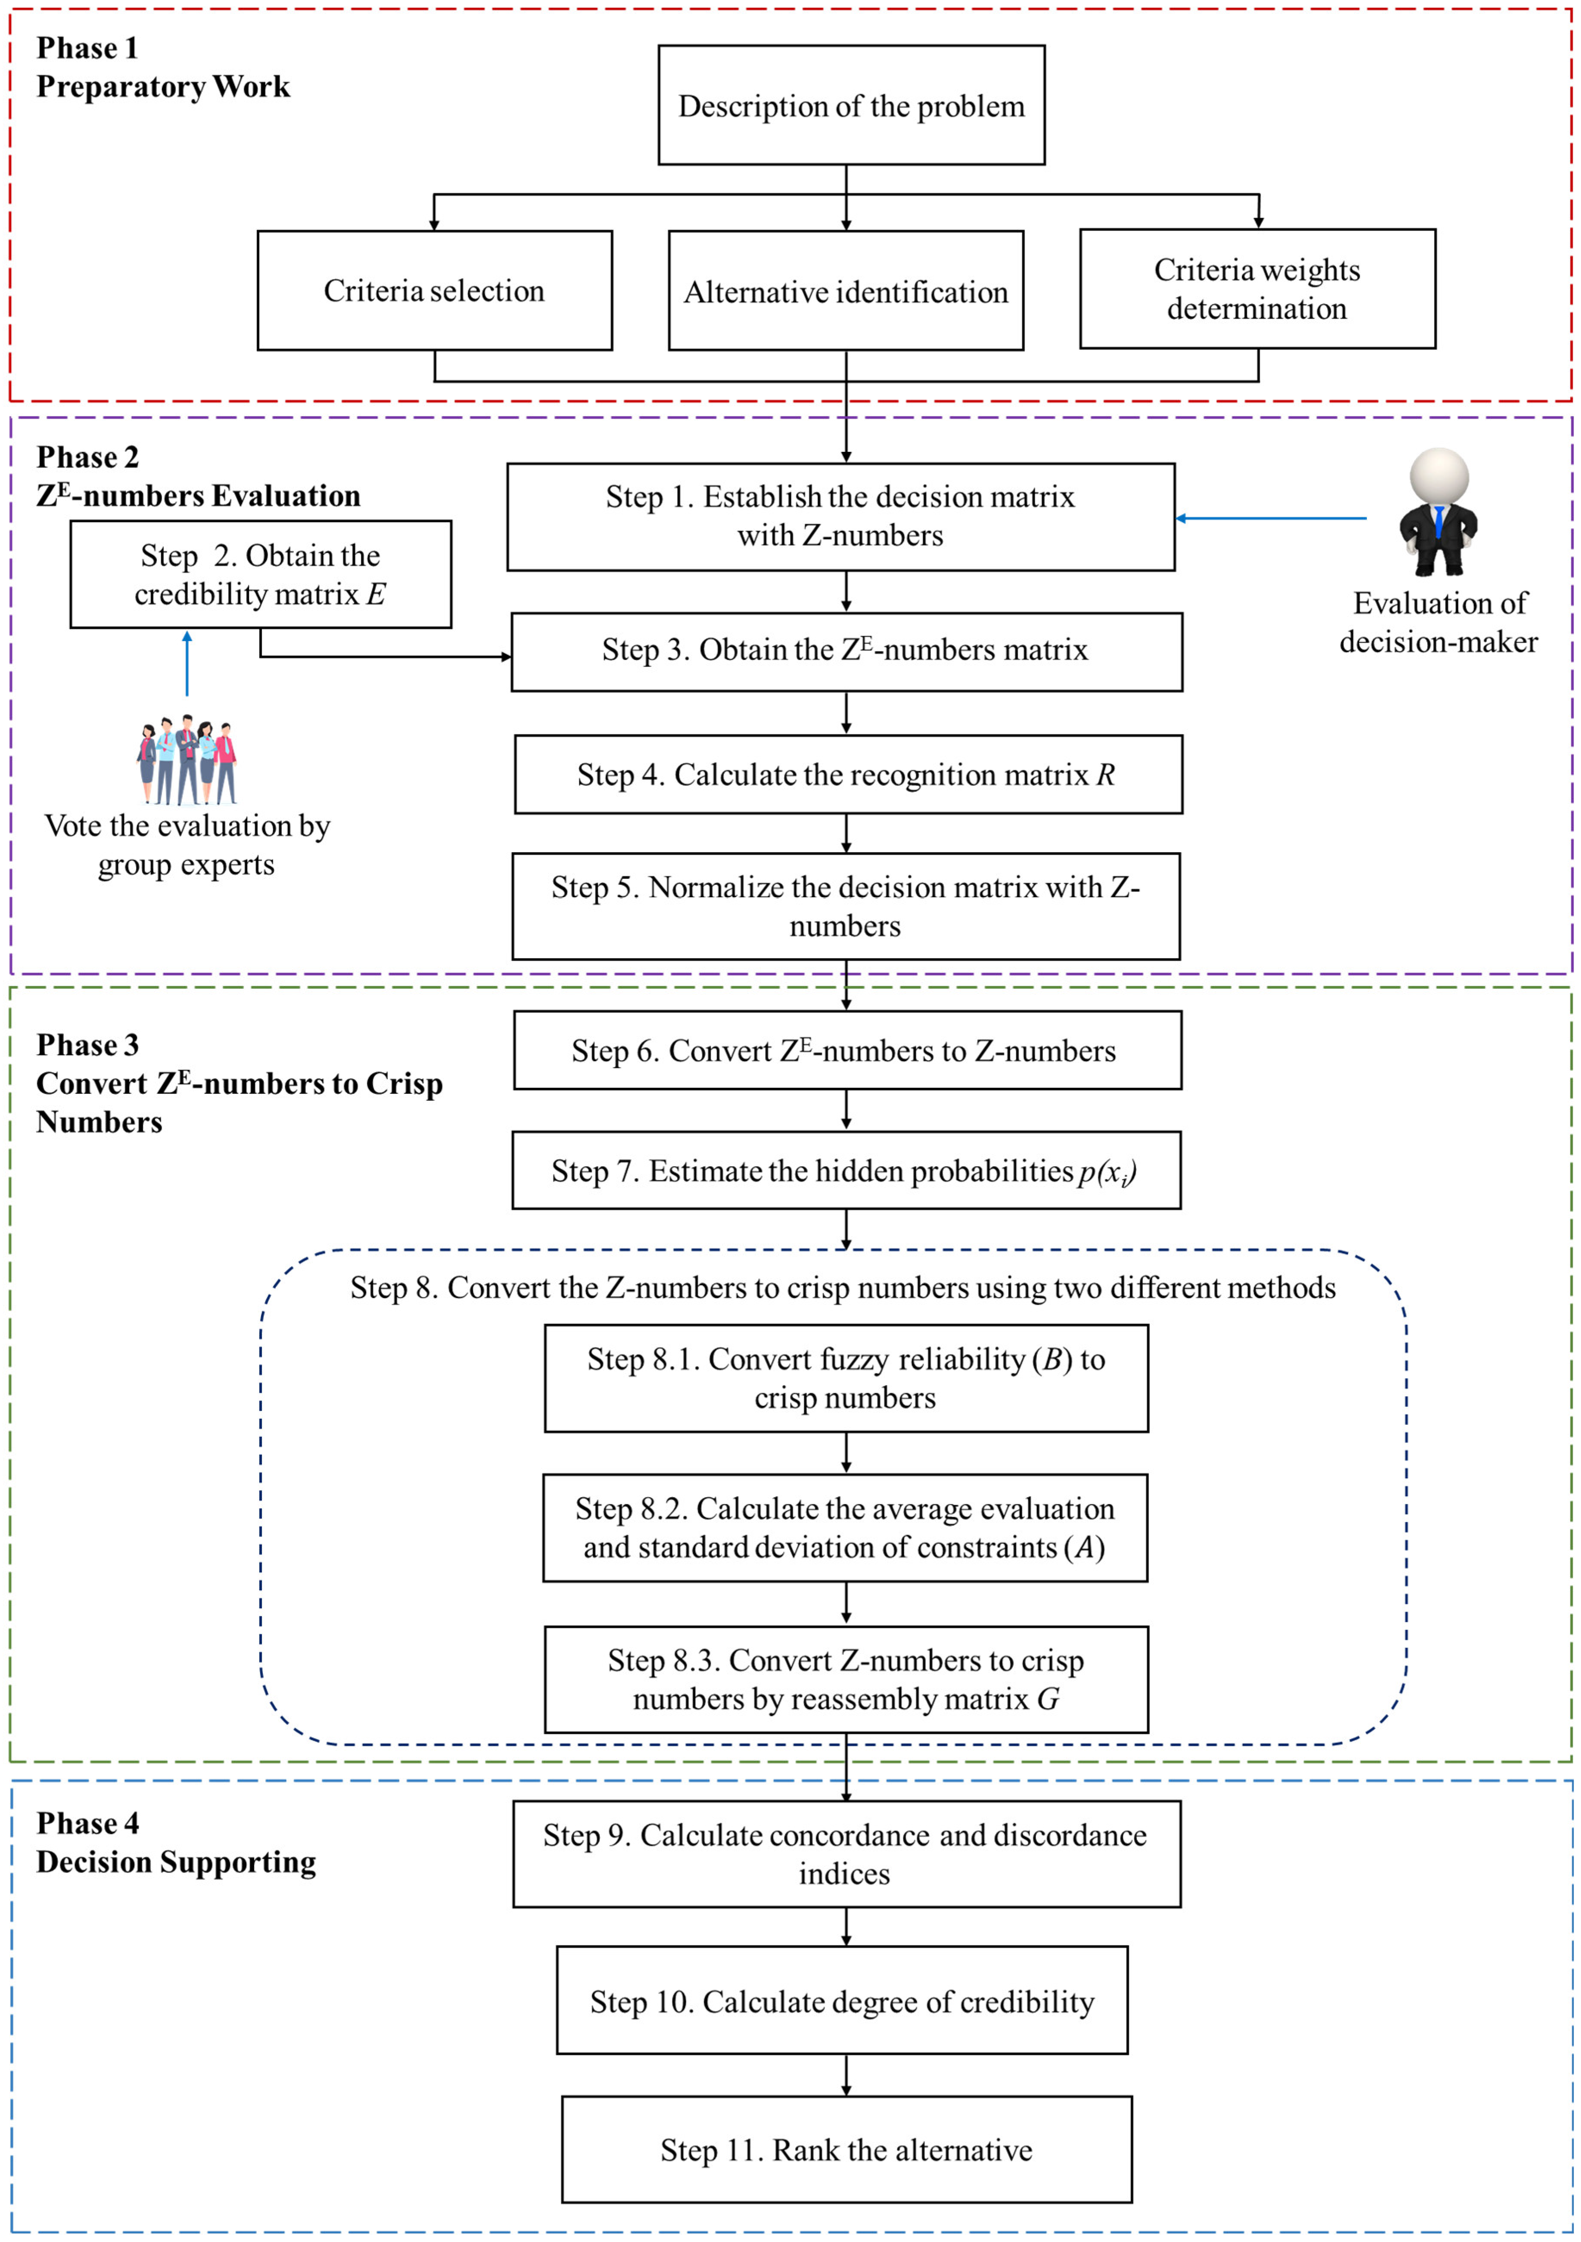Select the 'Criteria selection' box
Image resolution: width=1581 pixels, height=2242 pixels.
click(435, 290)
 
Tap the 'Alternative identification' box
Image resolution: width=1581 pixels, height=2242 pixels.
click(846, 291)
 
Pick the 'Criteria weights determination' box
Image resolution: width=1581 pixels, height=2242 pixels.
click(1257, 289)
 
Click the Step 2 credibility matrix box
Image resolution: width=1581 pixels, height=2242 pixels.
click(261, 574)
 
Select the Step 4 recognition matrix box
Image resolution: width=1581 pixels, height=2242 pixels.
click(848, 774)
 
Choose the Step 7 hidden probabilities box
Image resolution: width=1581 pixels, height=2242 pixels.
click(846, 1170)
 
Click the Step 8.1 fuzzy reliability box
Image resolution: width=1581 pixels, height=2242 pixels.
click(846, 1378)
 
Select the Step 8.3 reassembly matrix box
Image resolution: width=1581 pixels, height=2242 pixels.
click(846, 1679)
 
